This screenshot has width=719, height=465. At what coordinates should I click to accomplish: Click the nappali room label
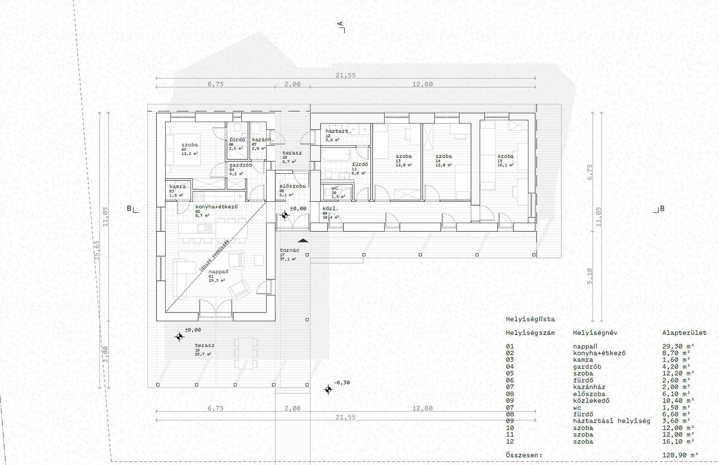coord(218,272)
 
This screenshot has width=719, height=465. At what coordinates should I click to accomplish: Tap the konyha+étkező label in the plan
coord(216,207)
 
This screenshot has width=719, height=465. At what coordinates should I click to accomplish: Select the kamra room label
coord(178,186)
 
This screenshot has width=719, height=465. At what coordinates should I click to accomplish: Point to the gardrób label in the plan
coord(240,165)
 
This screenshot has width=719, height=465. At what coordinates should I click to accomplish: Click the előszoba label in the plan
coord(292,186)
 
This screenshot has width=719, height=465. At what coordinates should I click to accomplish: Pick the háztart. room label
coord(338,131)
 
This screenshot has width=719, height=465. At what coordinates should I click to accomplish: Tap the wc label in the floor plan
coord(335,188)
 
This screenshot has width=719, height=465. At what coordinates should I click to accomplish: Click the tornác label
coord(289,250)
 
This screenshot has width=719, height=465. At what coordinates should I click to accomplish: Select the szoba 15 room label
coord(505,156)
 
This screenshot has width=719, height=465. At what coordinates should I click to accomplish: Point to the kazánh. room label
coord(263,140)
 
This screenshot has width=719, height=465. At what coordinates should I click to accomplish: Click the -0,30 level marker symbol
coord(328,390)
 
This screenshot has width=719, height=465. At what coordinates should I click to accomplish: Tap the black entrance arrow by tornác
coord(303,241)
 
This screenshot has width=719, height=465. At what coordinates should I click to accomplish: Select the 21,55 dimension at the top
coord(345,75)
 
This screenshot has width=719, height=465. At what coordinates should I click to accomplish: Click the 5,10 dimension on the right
coord(590,276)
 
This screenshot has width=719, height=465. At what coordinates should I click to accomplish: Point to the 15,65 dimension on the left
coord(97,250)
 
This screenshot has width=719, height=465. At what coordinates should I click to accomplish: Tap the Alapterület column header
coord(684,332)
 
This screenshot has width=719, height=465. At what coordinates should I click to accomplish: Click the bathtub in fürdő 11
coord(336,154)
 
